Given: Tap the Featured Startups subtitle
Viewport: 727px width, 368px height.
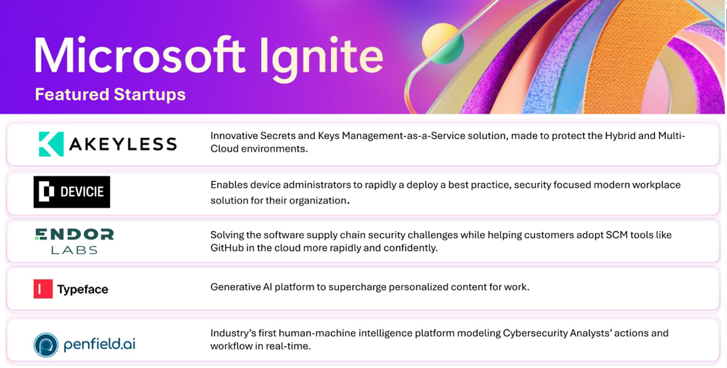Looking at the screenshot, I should click(110, 94).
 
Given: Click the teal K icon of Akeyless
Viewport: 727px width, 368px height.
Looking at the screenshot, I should click(51, 144).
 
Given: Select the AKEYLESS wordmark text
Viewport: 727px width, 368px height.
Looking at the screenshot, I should click(124, 144).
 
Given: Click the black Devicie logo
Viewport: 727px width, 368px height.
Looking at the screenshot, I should click(72, 192).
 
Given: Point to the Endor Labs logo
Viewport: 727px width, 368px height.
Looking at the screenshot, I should click(75, 241).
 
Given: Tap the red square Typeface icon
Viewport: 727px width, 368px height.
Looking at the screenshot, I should click(43, 289).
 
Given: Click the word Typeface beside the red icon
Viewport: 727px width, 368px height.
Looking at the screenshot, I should click(83, 289).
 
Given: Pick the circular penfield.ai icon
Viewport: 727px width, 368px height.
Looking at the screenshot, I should click(46, 345).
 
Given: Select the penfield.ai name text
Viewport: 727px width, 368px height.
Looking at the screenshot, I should click(100, 345).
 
